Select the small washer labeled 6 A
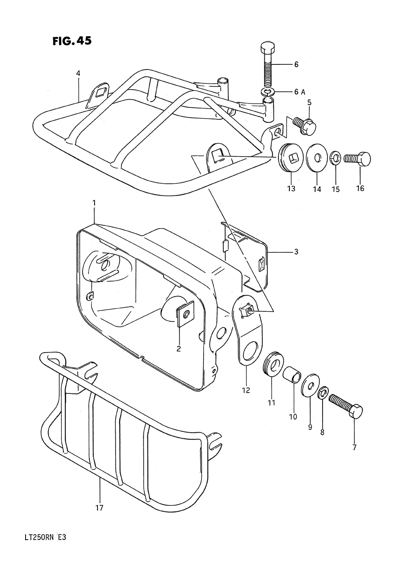pos(267,91)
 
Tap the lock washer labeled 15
pos(335,158)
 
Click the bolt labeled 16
pos(358,159)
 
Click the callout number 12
pos(246,390)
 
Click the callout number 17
pos(100,508)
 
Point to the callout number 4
pos(78,73)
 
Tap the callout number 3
pos(296,251)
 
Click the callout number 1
pos(94,203)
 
